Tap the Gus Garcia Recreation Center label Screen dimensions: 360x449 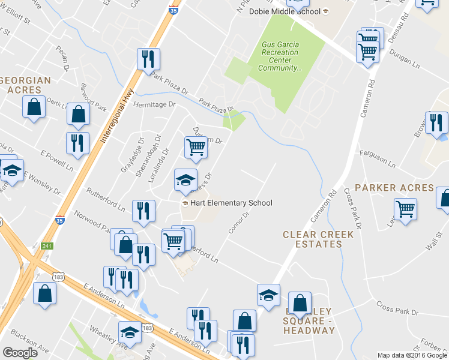click(x=280, y=56)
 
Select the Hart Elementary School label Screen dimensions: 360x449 click(x=228, y=203)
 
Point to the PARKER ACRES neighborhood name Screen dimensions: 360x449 click(x=394, y=188)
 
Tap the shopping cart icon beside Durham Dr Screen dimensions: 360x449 click(x=196, y=146)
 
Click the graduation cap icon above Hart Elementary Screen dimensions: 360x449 click(x=185, y=179)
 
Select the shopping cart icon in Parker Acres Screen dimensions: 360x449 click(x=406, y=209)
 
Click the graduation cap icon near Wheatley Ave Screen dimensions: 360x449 click(x=130, y=332)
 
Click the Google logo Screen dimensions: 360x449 click(x=20, y=353)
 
